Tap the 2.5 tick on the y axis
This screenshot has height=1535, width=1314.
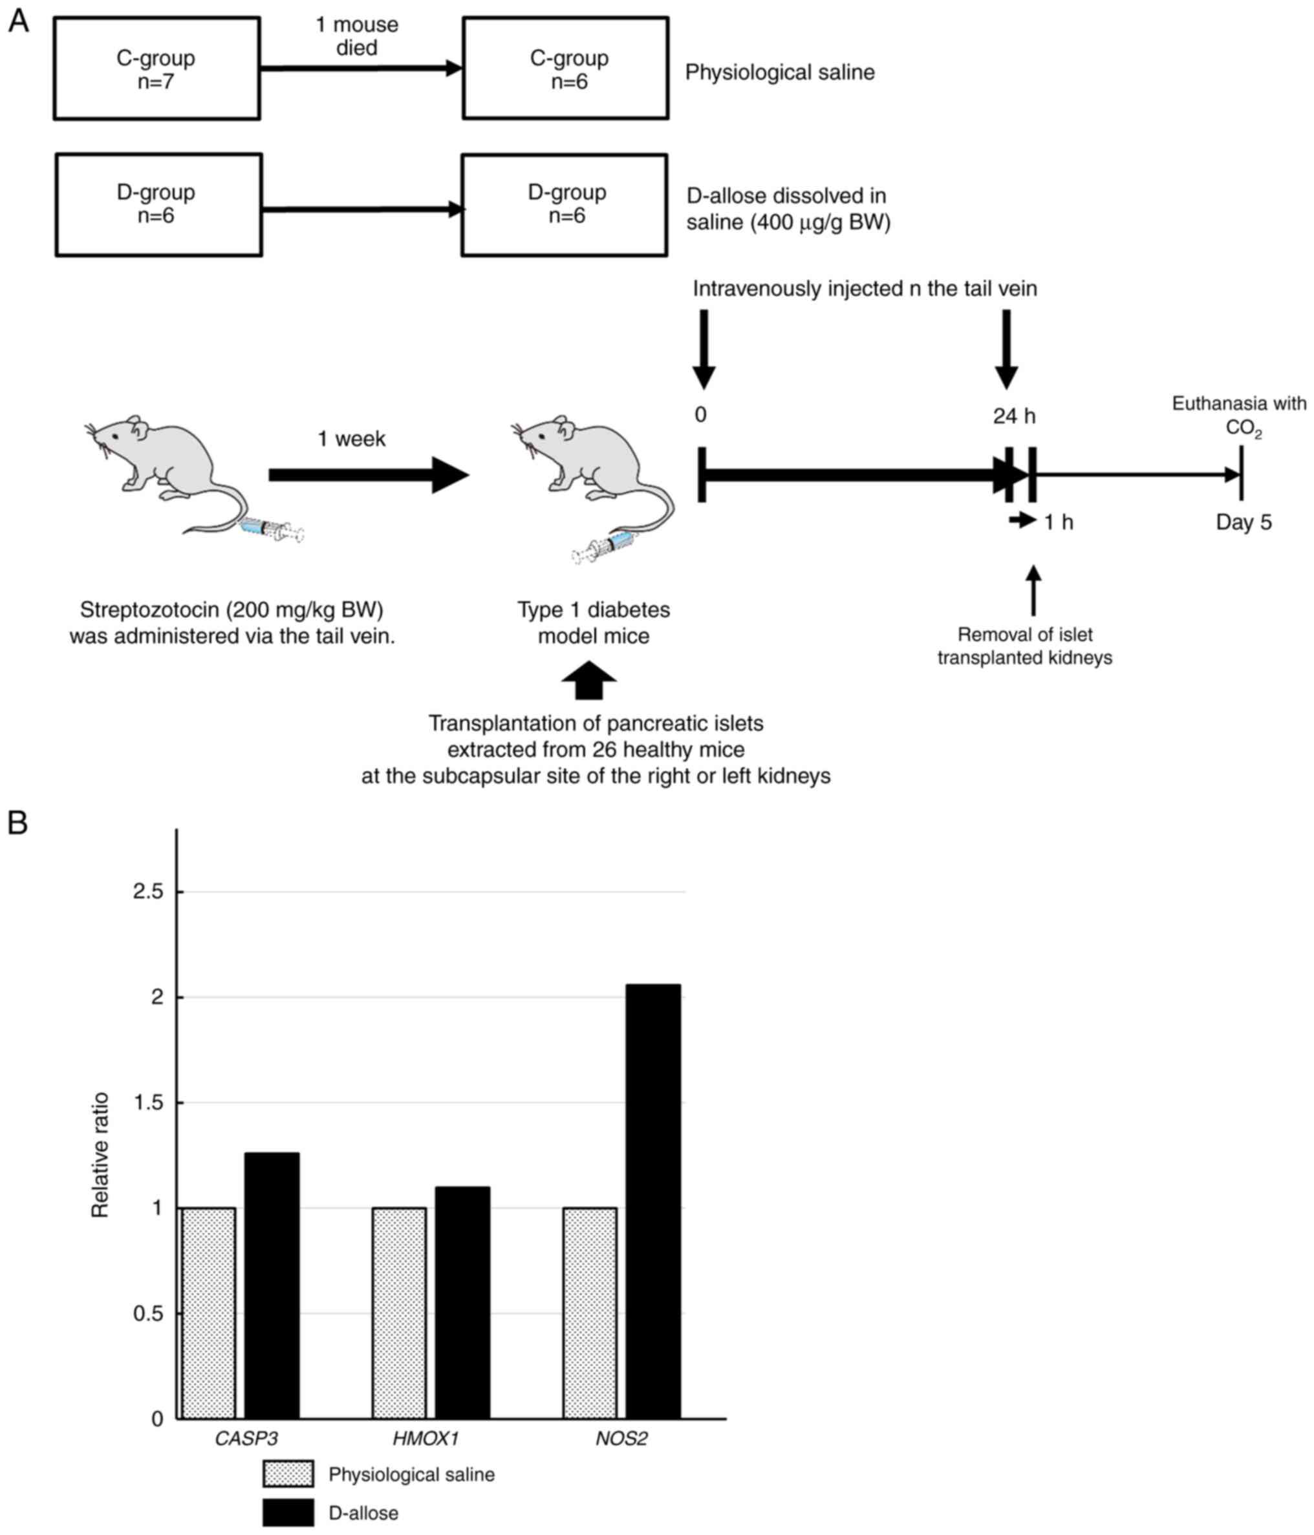tap(147, 891)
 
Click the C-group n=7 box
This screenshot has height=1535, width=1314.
tap(156, 68)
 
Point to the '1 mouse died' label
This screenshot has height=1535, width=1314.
tap(357, 36)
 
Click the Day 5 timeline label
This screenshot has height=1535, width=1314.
tap(1243, 522)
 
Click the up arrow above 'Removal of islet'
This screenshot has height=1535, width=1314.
tap(1033, 591)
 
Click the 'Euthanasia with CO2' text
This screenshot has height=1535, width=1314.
tap(1238, 415)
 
